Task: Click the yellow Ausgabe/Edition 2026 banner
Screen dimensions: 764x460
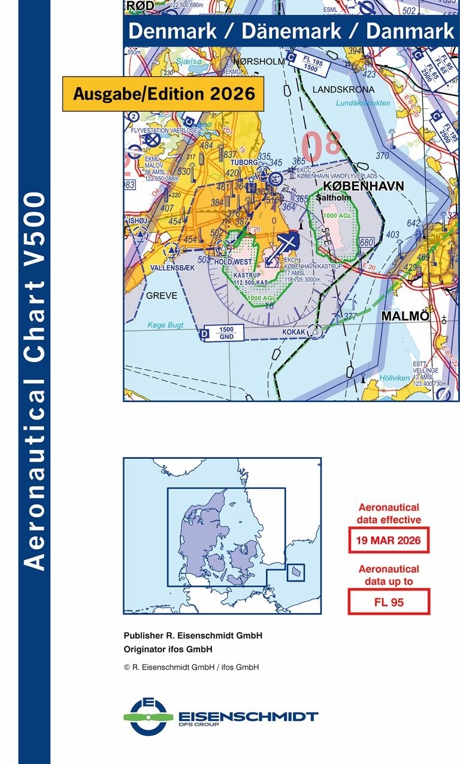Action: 163,93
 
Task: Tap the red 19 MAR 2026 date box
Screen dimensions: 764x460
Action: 389,541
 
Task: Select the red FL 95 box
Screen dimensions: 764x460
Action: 389,602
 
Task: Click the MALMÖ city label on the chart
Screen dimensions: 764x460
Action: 406,315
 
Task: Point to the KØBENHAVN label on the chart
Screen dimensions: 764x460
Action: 364,186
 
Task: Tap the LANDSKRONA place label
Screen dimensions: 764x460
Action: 344,90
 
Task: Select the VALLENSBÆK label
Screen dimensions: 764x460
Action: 172,268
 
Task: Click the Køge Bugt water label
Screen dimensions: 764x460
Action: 166,325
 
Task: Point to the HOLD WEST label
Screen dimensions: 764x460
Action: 233,262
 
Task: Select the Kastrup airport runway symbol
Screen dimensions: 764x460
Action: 287,243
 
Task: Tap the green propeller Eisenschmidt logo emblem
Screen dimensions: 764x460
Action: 149,716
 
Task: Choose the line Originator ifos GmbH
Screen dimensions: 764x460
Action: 168,649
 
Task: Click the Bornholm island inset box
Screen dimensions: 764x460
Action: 296,572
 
